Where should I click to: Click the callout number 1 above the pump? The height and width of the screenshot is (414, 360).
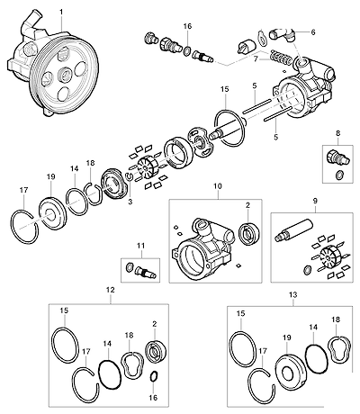61,13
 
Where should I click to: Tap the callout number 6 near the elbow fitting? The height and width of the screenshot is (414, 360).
313,32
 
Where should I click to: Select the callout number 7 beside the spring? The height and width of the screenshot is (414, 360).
256,59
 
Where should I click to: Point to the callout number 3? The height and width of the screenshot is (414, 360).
130,202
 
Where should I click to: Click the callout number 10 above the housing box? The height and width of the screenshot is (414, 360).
218,186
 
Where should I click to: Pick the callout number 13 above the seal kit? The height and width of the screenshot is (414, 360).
293,295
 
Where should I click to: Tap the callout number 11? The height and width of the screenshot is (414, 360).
140,246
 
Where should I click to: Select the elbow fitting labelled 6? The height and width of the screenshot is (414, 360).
283,34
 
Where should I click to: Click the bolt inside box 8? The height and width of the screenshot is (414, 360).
337,157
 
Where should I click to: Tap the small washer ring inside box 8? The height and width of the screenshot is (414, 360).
339,175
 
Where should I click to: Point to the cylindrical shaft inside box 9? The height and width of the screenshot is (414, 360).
293,230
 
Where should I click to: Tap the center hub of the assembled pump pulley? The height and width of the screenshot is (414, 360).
65,74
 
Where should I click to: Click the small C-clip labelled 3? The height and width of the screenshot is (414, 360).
129,176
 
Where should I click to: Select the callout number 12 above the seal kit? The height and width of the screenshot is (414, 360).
111,290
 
